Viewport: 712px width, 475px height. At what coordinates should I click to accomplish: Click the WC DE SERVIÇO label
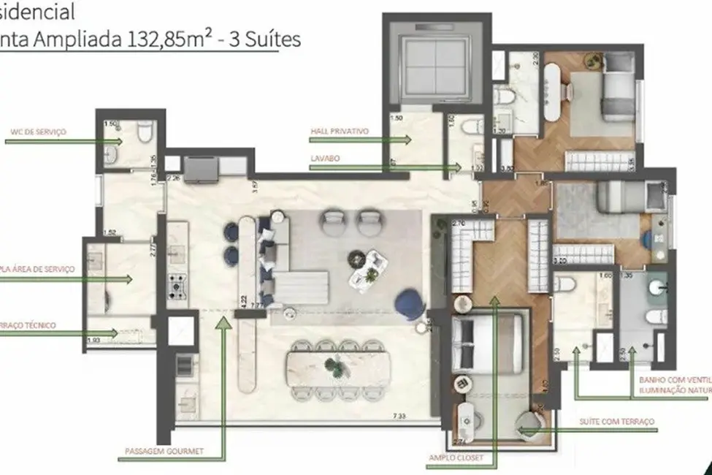pyautogui.click(x=37, y=132)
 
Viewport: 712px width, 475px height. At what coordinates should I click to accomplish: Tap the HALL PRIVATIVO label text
pyautogui.click(x=340, y=132)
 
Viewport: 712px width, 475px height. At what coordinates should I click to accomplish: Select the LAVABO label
pyautogui.click(x=324, y=157)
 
